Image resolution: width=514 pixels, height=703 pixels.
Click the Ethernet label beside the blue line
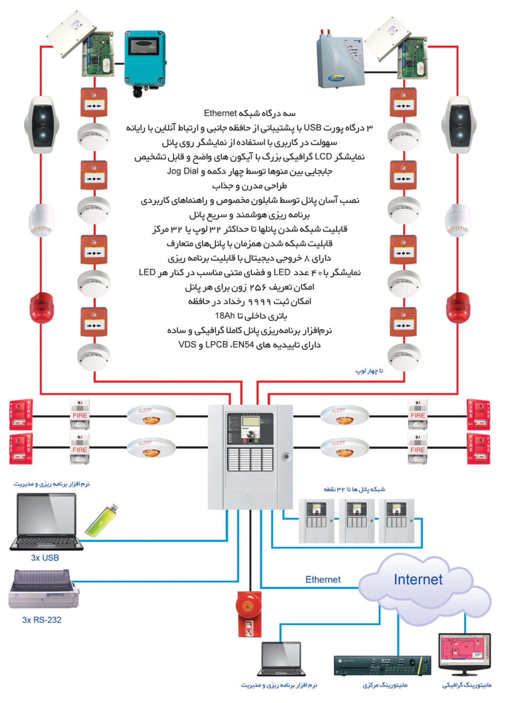coord(323,579)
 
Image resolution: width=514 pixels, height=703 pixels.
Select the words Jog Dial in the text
coord(183,171)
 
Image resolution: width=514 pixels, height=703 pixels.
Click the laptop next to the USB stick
coord(46,522)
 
